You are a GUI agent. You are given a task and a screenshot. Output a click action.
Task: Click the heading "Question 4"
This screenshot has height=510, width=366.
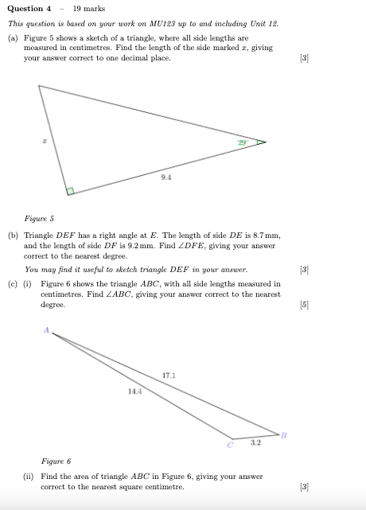[29, 9]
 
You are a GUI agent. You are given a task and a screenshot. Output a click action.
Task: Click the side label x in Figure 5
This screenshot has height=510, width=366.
[45, 139]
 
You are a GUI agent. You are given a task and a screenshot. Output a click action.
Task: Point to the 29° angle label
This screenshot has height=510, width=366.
[242, 142]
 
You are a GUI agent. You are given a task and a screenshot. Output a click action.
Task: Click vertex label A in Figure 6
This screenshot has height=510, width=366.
[46, 330]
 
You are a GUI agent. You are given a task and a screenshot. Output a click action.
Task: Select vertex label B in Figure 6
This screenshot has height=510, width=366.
[282, 434]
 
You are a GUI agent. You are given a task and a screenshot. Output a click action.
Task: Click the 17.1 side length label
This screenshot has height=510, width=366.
[169, 374]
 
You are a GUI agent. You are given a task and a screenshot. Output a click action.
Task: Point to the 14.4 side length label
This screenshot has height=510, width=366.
[133, 391]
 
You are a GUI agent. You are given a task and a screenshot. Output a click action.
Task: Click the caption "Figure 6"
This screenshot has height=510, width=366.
[56, 461]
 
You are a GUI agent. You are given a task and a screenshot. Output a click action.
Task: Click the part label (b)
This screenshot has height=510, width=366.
[13, 236]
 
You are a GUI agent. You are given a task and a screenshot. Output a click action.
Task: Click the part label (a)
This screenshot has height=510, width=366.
[13, 37]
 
